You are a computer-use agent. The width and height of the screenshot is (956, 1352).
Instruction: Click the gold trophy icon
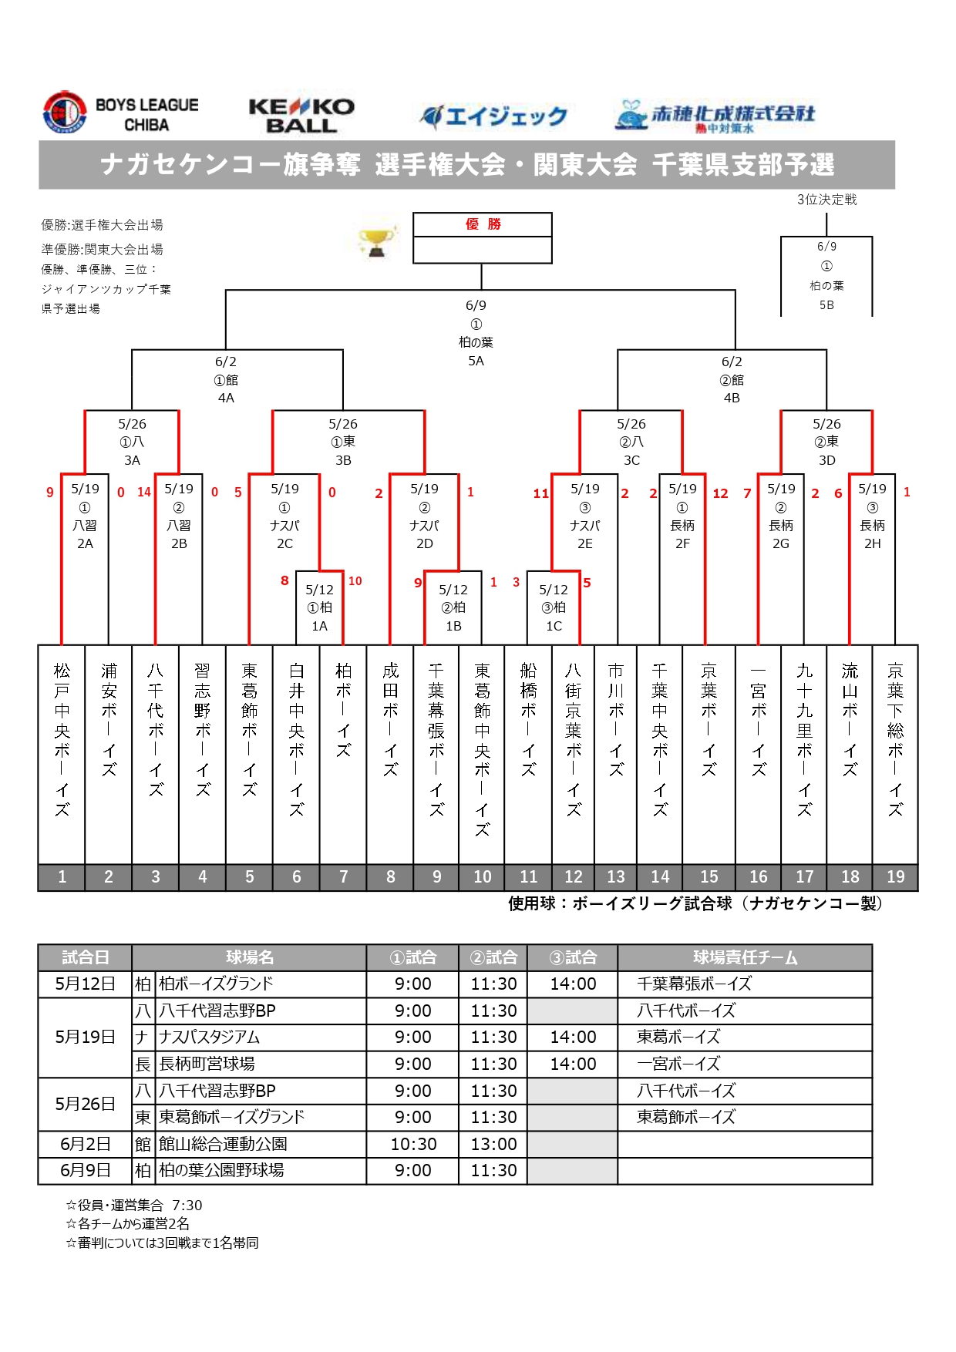click(x=377, y=242)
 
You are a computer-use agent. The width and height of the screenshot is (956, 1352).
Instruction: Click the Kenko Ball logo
click(x=301, y=116)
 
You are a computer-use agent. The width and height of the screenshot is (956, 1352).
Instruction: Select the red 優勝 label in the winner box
click(x=483, y=224)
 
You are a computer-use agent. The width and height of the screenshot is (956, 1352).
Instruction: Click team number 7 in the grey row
click(x=344, y=877)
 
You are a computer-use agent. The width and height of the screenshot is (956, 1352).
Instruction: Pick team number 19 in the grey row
click(x=895, y=877)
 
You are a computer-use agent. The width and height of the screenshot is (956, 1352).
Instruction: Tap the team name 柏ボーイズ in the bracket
click(x=344, y=710)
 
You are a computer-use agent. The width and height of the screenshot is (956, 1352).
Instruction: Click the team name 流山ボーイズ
click(x=850, y=720)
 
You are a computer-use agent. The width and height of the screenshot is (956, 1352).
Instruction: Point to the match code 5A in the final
click(x=476, y=361)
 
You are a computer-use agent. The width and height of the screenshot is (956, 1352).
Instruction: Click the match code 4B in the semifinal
click(x=732, y=398)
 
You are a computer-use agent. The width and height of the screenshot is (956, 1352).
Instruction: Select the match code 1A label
click(x=319, y=626)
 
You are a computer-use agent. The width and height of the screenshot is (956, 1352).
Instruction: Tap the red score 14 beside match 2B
click(x=144, y=492)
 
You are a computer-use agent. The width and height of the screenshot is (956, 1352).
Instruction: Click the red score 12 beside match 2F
click(x=720, y=493)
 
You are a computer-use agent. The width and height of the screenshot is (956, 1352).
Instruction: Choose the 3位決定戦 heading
click(x=826, y=200)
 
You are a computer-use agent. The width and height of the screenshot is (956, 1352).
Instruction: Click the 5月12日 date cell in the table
click(x=85, y=984)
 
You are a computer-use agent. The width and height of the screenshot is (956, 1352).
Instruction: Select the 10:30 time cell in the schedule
click(x=413, y=1144)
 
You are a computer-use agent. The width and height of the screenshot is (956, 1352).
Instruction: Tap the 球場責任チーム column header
click(x=745, y=957)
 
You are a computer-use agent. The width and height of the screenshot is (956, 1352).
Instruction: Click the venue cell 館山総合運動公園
click(x=223, y=1144)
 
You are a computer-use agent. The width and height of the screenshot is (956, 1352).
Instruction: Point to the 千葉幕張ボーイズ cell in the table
click(x=694, y=984)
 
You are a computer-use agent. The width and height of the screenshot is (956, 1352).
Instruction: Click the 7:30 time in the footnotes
click(x=187, y=1205)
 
